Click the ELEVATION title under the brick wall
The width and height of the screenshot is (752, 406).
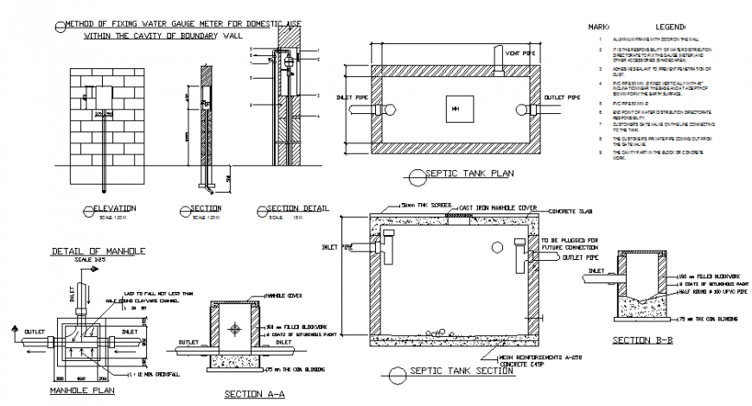click(x=117, y=209)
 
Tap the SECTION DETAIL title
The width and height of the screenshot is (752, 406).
click(x=299, y=209)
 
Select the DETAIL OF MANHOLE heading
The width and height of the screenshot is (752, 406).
click(x=97, y=251)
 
